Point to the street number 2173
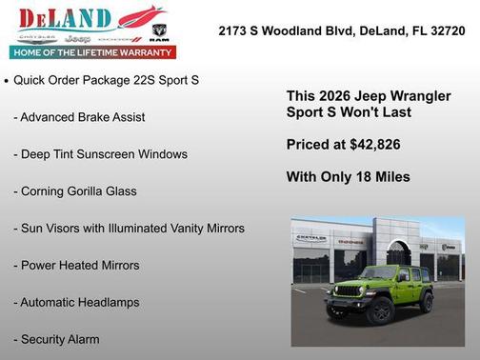(x=234, y=30)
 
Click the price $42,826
(x=372, y=145)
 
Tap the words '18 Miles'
(x=385, y=176)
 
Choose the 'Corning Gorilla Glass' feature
(x=75, y=191)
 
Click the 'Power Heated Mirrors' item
(x=76, y=266)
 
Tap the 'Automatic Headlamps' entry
(x=76, y=303)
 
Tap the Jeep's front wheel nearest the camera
(x=378, y=311)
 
